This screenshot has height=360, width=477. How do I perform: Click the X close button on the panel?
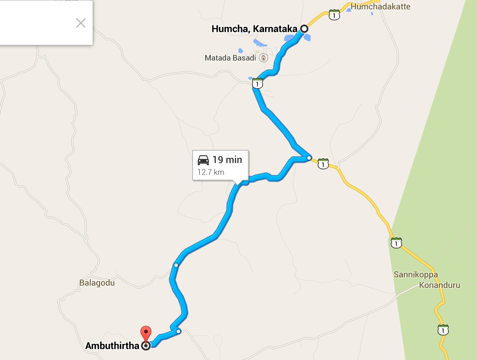81,23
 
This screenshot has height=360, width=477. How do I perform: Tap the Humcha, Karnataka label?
254,29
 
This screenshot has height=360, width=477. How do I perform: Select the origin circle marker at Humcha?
304,29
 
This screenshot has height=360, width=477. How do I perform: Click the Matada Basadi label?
231,58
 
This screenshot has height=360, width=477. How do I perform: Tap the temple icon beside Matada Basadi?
264,58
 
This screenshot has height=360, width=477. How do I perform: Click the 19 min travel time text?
227,160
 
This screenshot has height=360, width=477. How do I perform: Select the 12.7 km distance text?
211,173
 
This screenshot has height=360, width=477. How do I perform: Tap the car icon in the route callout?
203,160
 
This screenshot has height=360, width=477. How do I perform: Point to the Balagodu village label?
97,282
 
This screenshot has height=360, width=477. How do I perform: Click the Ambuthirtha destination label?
113,346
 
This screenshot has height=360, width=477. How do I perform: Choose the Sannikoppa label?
416,274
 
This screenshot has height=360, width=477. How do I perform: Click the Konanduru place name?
439,285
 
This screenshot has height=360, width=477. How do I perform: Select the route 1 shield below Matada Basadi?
257,84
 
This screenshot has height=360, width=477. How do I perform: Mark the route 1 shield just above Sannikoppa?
396,242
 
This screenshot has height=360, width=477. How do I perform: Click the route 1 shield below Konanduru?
443,330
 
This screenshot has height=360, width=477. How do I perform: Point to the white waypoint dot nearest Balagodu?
176,265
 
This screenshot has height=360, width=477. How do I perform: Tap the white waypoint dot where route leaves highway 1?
309,158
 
